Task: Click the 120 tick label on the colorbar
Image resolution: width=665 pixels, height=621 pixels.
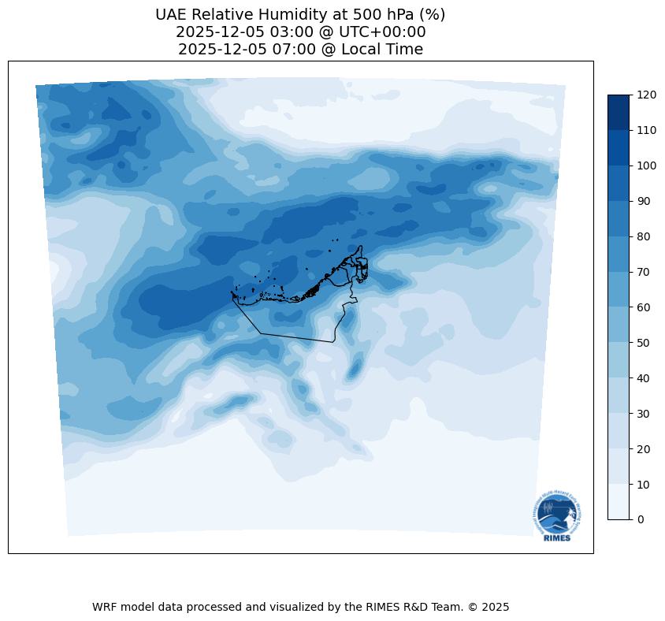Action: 647,95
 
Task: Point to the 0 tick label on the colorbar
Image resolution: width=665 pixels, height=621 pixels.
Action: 641,519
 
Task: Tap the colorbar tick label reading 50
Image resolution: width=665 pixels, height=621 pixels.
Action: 644,343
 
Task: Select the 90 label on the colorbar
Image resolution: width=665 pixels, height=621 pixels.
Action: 644,201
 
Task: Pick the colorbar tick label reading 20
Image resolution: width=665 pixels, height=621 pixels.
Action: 644,448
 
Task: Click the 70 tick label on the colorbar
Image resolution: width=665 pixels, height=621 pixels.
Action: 644,272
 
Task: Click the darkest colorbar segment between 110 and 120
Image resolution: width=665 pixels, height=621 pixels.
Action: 619,113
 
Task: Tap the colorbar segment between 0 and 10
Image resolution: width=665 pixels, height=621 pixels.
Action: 619,501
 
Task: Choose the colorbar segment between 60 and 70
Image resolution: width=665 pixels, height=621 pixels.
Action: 619,289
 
